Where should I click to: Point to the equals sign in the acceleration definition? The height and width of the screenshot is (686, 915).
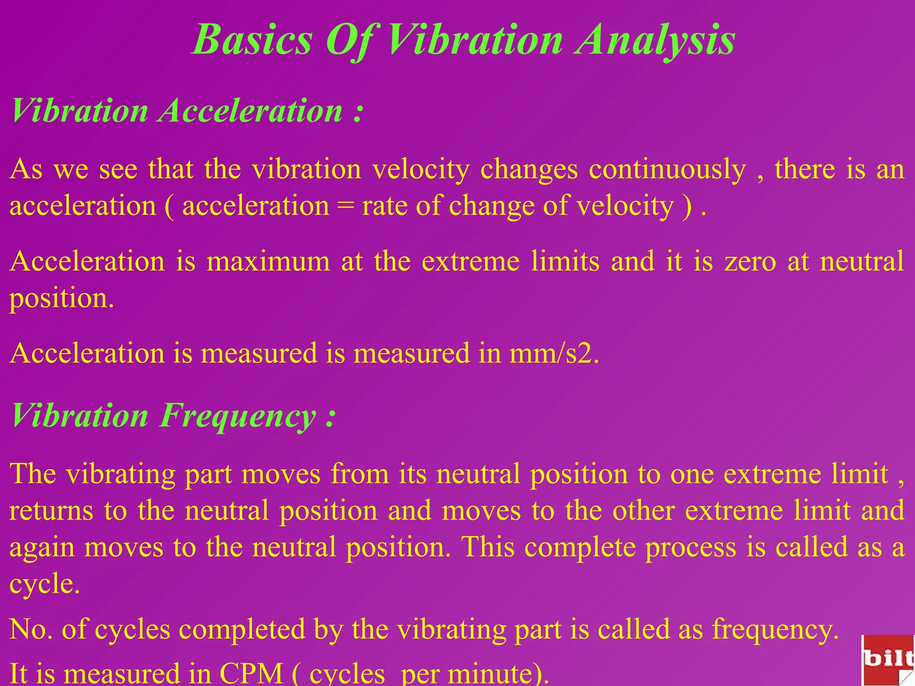coord(345,206)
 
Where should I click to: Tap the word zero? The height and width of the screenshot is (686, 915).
coord(750,262)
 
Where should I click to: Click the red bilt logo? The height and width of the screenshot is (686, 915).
coord(888,660)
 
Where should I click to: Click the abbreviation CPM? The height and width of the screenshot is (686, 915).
coord(251,673)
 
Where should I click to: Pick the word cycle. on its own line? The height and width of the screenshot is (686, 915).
coord(45,584)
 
